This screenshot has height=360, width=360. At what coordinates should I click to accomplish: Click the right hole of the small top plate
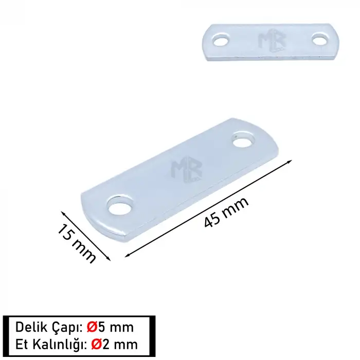pos(320,38)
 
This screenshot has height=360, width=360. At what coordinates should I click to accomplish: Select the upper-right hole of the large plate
pos(243,138)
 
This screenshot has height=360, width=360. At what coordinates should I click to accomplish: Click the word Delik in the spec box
pos(30,327)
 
